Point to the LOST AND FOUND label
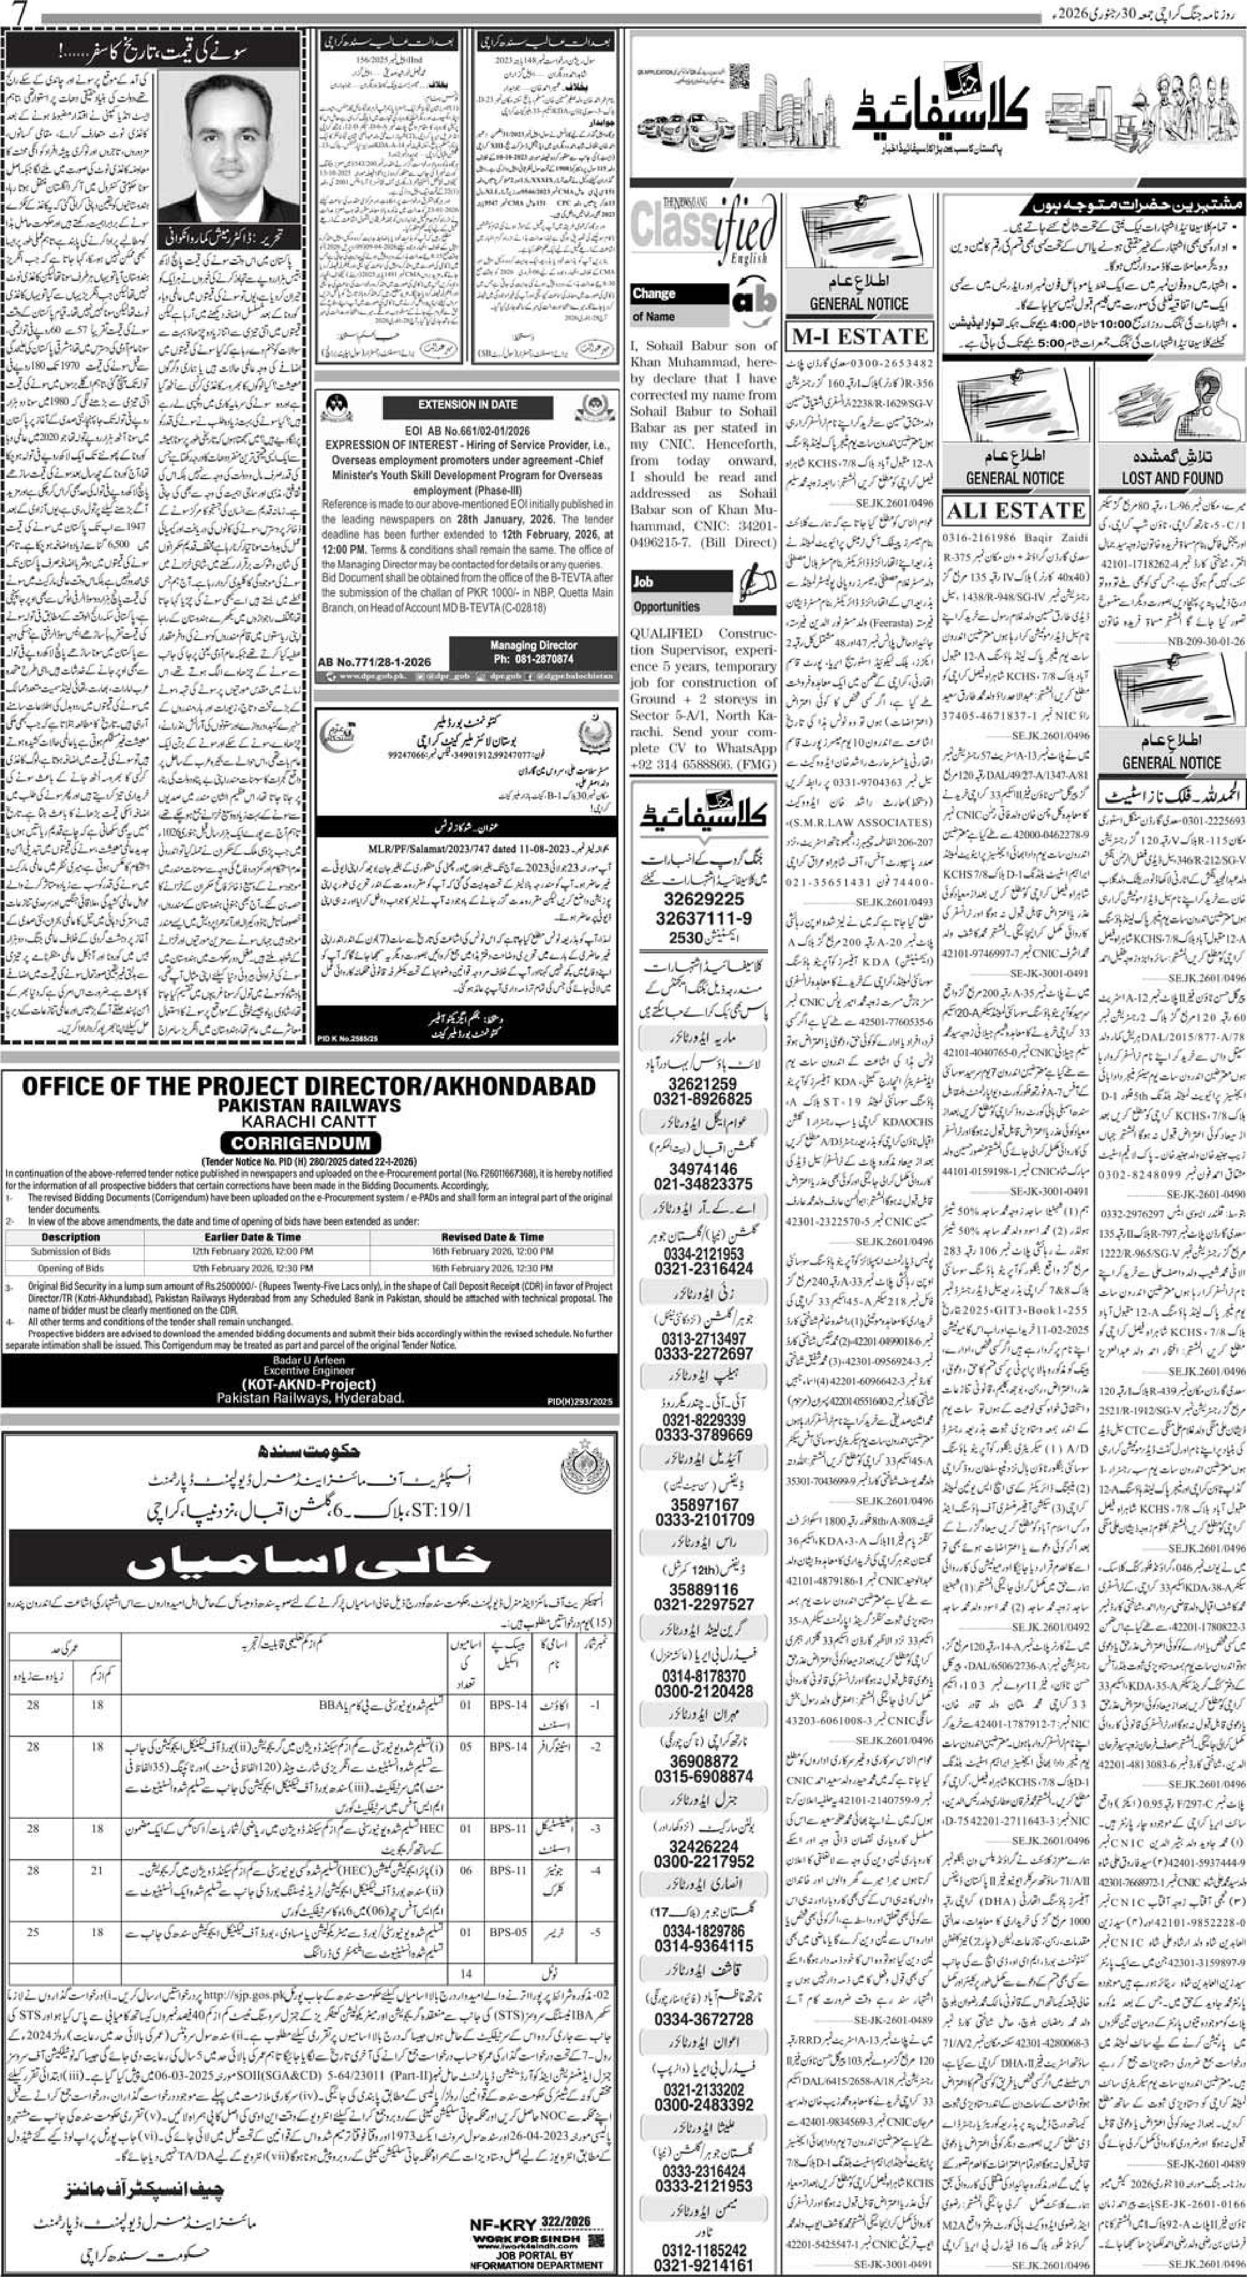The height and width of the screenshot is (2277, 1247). pyautogui.click(x=1172, y=478)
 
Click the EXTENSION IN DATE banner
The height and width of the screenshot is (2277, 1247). pyautogui.click(x=468, y=404)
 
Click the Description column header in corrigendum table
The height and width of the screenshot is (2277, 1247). pyautogui.click(x=71, y=1237)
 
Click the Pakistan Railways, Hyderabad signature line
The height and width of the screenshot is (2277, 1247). pyautogui.click(x=310, y=1397)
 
